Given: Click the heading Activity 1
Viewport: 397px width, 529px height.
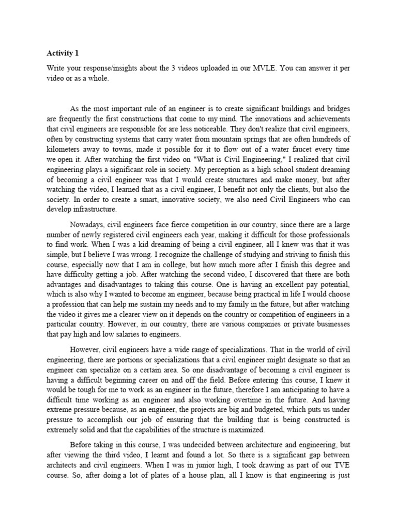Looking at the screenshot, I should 64,53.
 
